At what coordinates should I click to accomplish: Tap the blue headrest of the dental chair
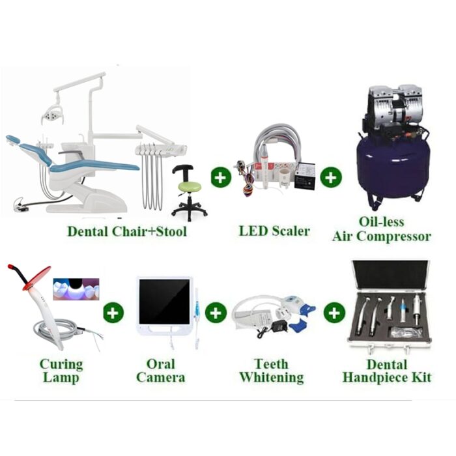(13, 139)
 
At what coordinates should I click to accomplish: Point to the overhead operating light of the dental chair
(51, 114)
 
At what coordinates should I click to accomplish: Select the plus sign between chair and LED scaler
(221, 177)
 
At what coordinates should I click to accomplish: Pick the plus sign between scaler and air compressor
(331, 177)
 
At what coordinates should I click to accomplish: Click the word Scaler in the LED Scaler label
(291, 231)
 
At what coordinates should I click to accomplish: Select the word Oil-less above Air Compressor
(382, 221)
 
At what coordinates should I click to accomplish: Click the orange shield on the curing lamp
(36, 278)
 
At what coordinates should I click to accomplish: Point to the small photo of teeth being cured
(76, 289)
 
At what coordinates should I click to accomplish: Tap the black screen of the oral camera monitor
(164, 302)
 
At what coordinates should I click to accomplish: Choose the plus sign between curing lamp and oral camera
(113, 313)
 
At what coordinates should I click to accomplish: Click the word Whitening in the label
(272, 377)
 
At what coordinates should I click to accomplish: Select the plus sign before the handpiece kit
(334, 313)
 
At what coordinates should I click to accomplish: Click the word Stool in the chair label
(171, 232)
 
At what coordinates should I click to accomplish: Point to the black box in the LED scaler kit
(305, 176)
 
